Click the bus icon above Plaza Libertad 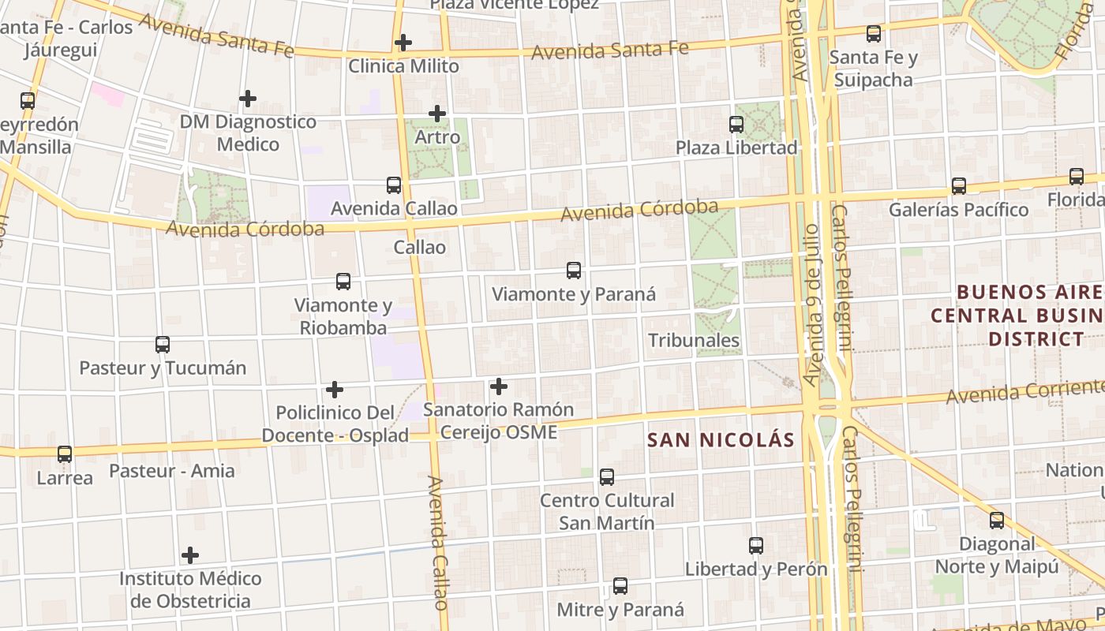(x=736, y=125)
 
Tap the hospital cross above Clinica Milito (x=403, y=43)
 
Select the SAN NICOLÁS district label (x=721, y=440)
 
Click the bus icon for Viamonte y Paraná (x=574, y=271)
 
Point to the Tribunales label (x=694, y=341)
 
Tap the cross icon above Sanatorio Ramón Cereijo (x=499, y=386)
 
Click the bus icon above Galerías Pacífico (x=958, y=186)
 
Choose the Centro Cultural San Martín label (x=607, y=511)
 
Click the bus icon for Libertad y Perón (x=756, y=546)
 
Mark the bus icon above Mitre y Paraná (x=620, y=586)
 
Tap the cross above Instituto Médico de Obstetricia (x=190, y=555)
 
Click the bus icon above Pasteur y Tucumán (x=163, y=345)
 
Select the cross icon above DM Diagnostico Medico (x=248, y=99)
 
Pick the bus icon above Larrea (x=65, y=454)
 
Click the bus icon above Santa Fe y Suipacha (x=874, y=34)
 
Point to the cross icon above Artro (x=437, y=114)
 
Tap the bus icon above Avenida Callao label (x=394, y=185)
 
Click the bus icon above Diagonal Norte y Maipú (x=997, y=521)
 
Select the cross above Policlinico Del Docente (x=335, y=390)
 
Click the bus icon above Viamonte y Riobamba (x=343, y=282)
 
